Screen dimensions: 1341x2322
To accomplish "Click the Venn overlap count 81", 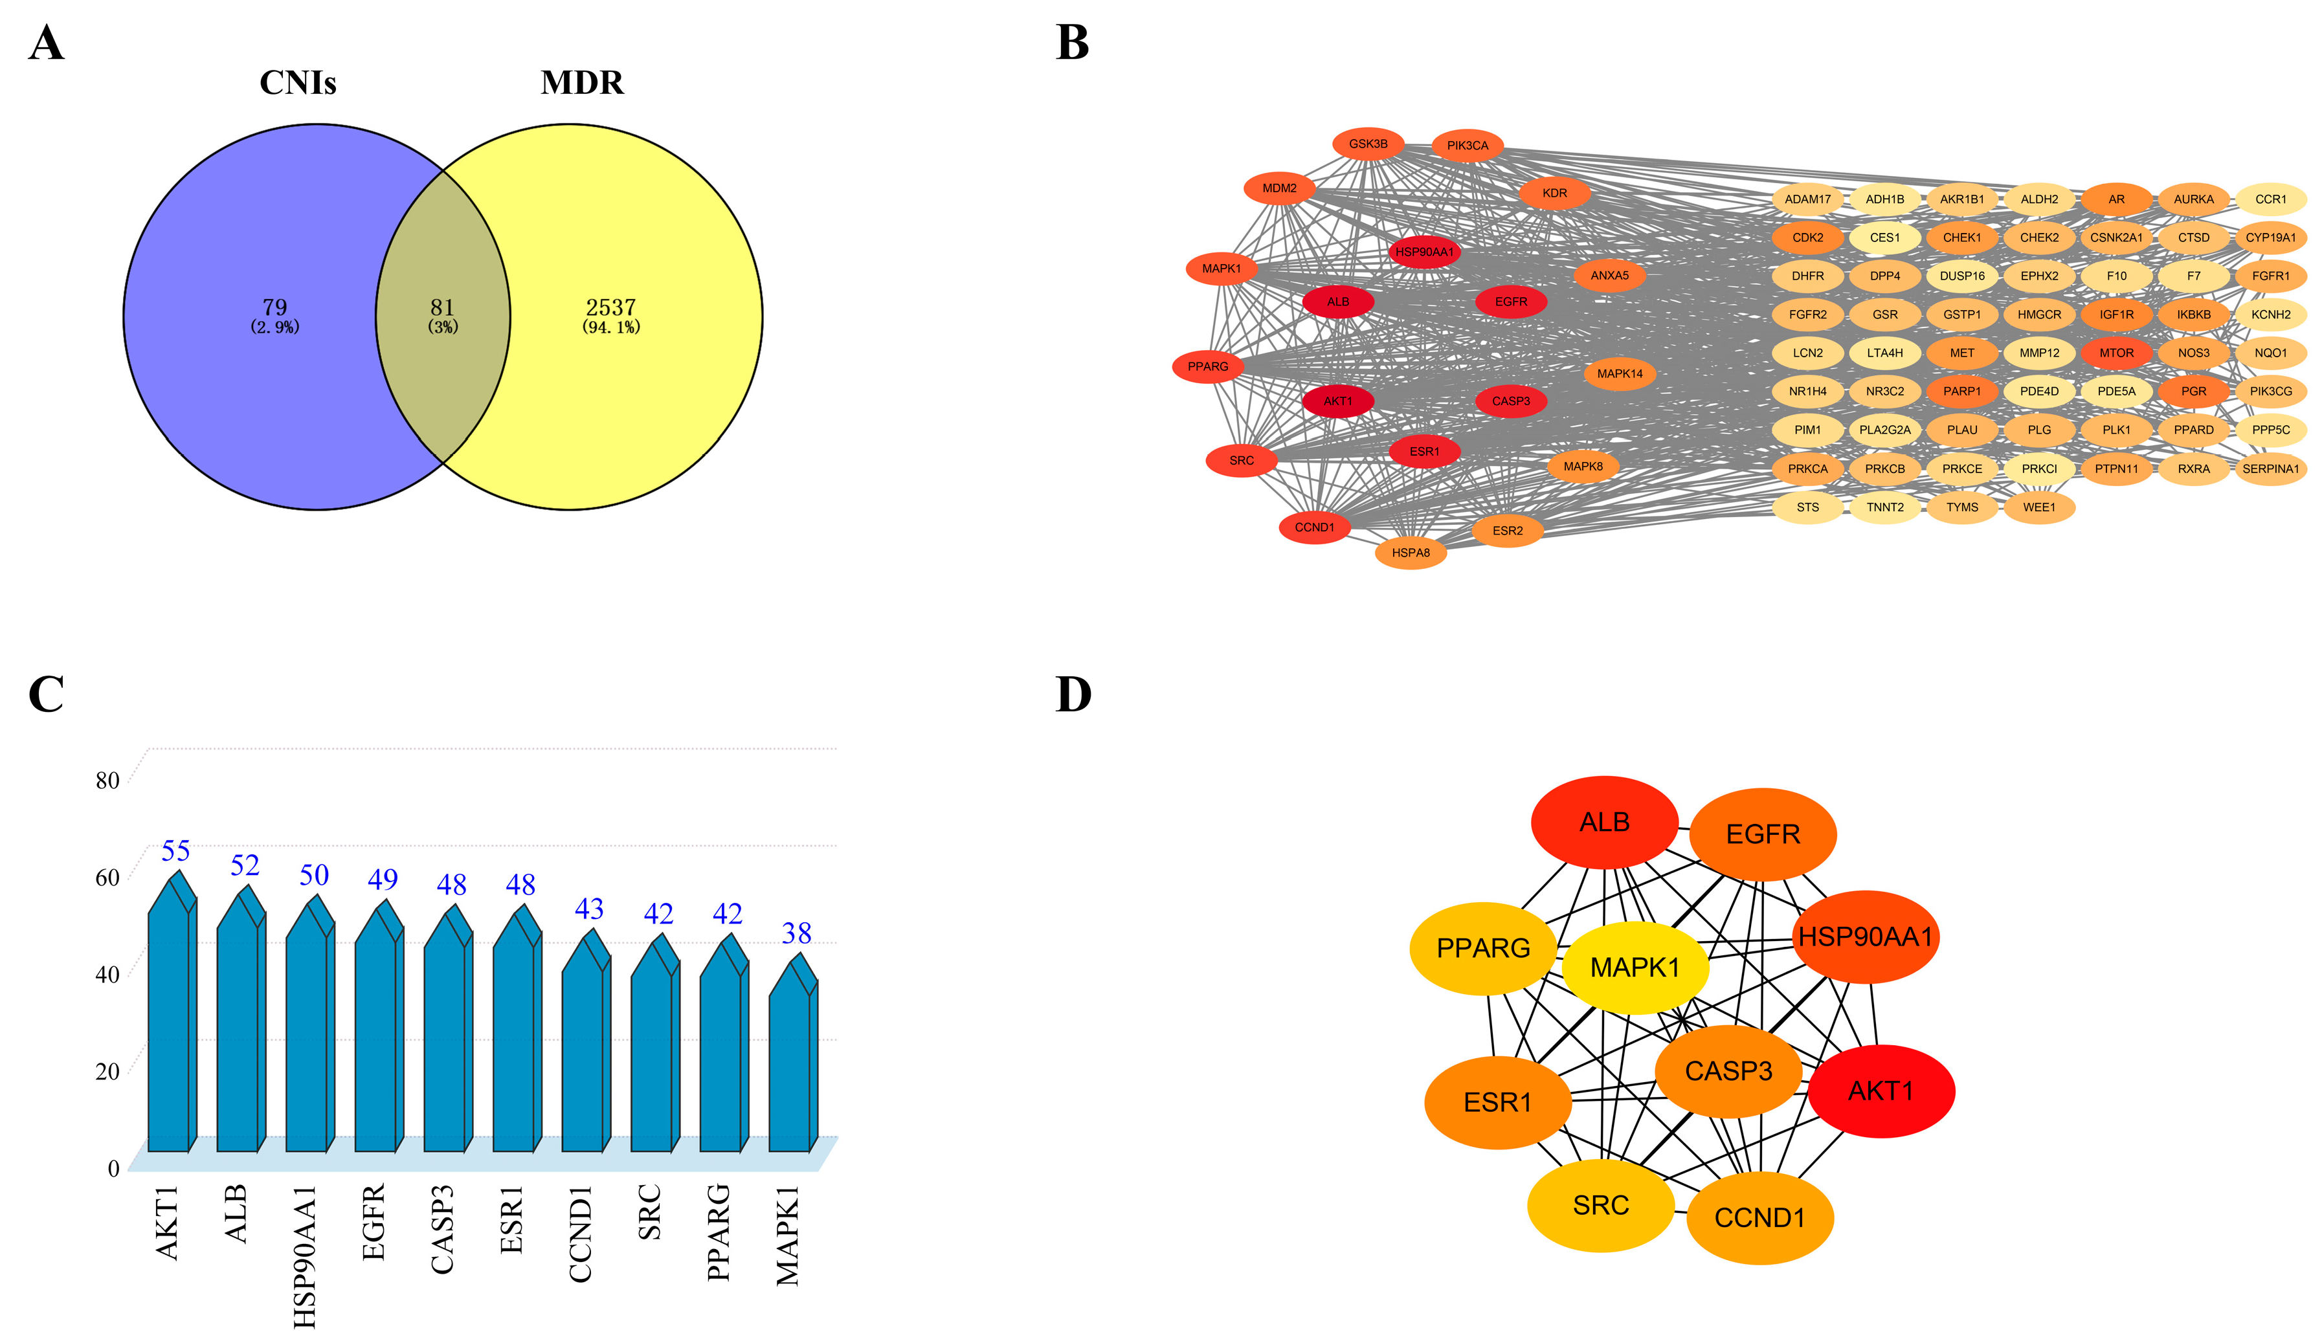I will click(442, 307).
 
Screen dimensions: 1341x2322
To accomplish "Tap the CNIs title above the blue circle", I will click(298, 83).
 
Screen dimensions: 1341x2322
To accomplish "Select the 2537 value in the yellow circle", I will click(610, 307).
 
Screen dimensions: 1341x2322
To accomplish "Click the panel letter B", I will click(1072, 43).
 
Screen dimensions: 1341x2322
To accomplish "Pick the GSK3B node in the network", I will click(1368, 144).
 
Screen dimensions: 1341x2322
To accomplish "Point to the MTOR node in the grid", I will click(2115, 353).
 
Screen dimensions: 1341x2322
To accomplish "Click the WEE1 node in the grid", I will click(2038, 507).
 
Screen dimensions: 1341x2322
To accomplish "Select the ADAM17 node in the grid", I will click(1807, 199).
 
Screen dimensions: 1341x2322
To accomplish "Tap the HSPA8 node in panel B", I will click(1410, 553).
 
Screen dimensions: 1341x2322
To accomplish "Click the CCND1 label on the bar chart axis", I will click(580, 1234).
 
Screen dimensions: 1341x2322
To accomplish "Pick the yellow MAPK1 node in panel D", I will click(1635, 967).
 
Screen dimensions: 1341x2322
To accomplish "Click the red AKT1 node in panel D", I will click(1881, 1091).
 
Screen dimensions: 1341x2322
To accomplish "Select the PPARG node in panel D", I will click(1483, 948).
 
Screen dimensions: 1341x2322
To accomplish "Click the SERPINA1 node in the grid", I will click(2270, 469).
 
